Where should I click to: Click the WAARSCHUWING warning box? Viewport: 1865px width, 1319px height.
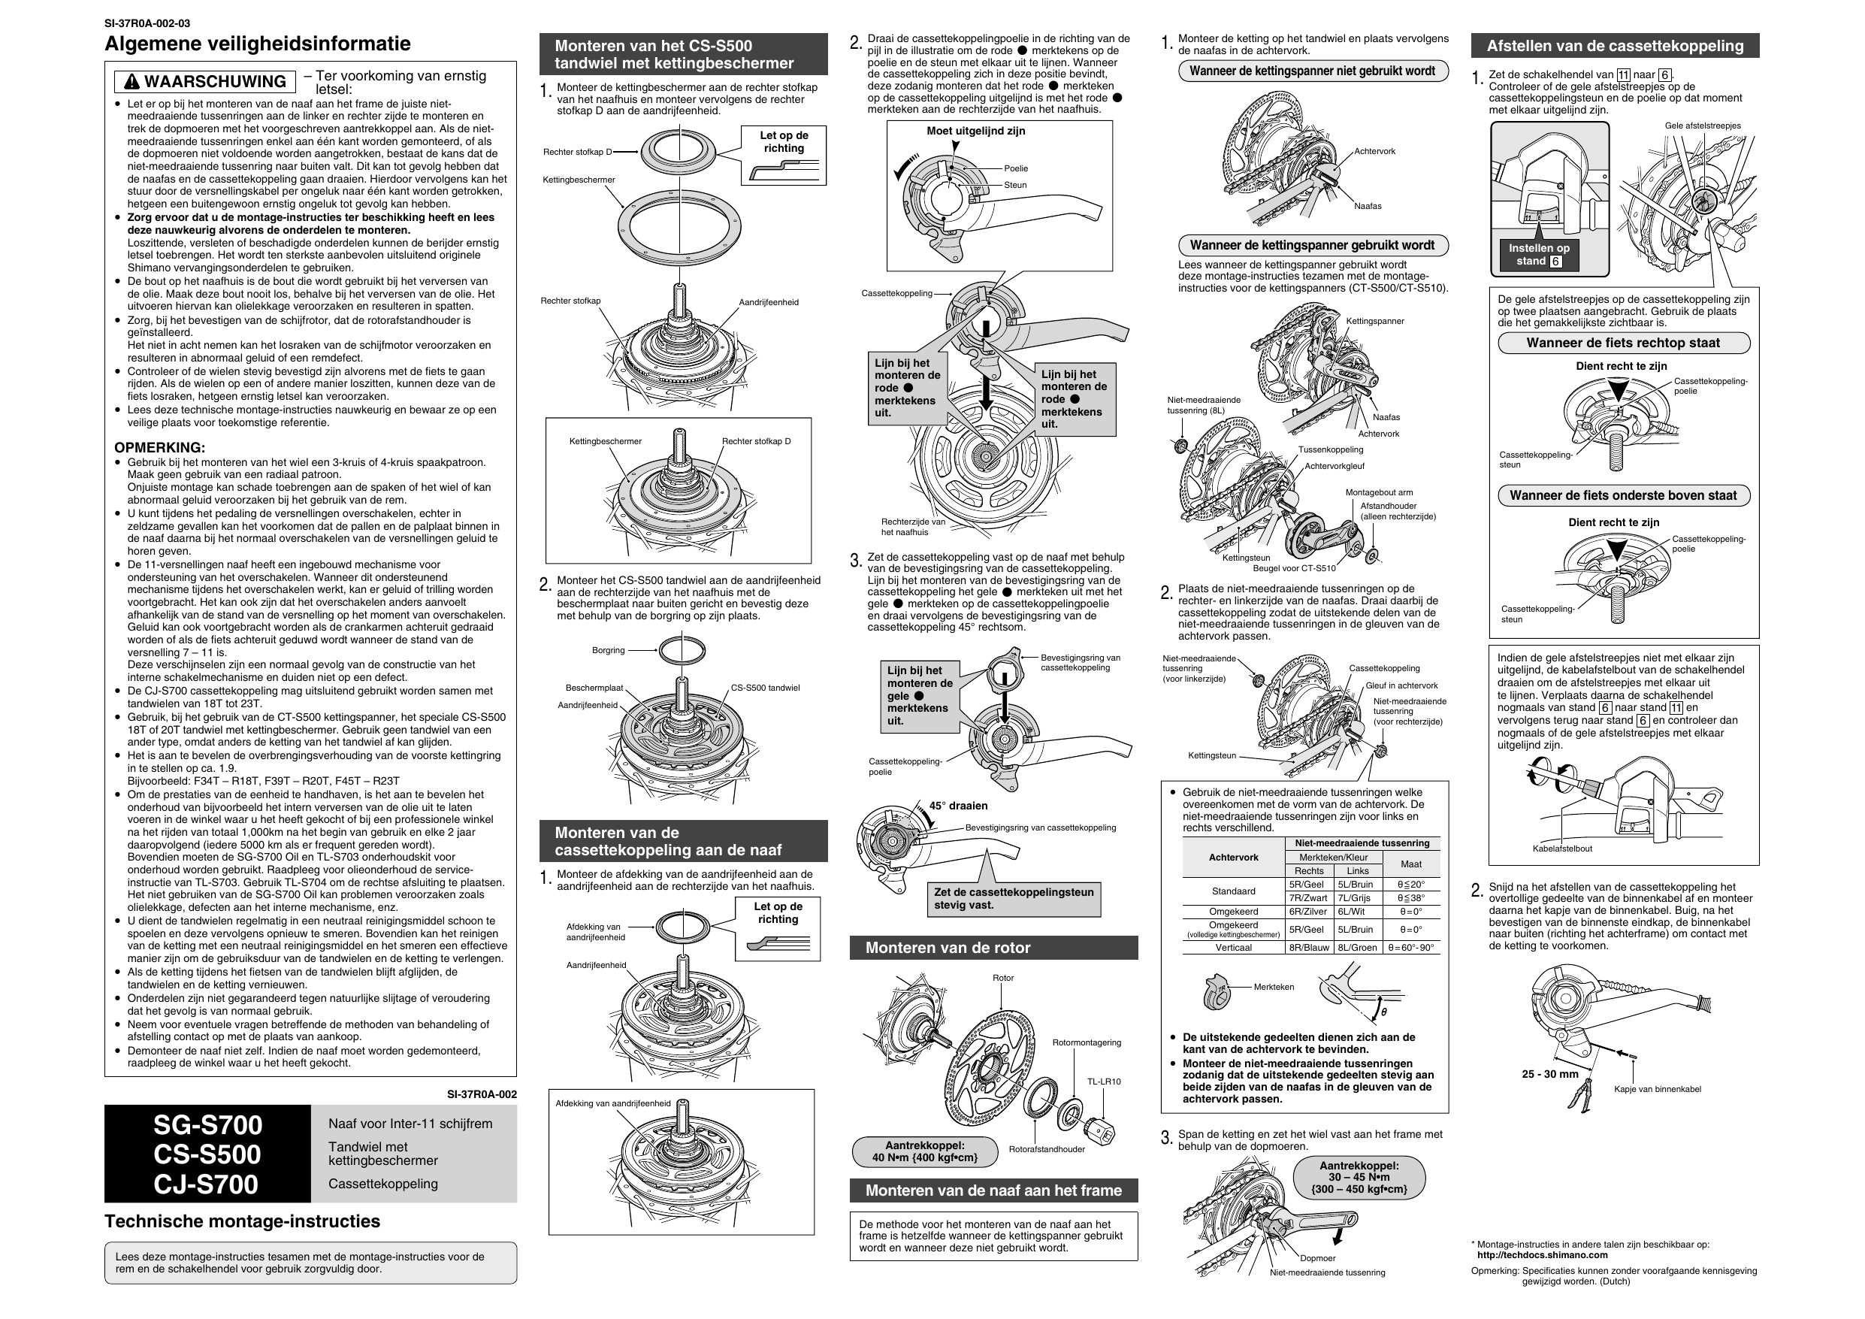(x=204, y=81)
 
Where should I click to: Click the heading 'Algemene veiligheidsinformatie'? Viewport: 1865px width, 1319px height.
(x=258, y=43)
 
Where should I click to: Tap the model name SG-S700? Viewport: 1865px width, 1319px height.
(x=208, y=1125)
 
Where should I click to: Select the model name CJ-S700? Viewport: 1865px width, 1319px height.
(x=207, y=1184)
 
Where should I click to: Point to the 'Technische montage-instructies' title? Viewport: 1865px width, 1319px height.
(x=242, y=1221)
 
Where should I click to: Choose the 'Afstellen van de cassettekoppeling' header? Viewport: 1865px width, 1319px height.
(x=1615, y=46)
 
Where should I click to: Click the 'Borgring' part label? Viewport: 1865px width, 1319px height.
(x=609, y=650)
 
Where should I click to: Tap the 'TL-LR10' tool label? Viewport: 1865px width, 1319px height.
(x=1104, y=1082)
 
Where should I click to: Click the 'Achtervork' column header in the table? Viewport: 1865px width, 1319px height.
(x=1234, y=858)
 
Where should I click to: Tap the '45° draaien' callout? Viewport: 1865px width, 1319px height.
(x=959, y=806)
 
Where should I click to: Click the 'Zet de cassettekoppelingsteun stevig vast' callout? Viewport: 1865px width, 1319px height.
(x=1014, y=899)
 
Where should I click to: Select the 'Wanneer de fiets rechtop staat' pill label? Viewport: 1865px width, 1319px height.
(x=1623, y=343)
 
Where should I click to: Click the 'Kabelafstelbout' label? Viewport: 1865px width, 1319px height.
(x=1562, y=849)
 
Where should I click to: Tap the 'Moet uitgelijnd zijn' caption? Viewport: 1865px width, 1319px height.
(x=975, y=131)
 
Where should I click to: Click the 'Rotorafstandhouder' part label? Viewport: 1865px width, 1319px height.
(x=1047, y=1149)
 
